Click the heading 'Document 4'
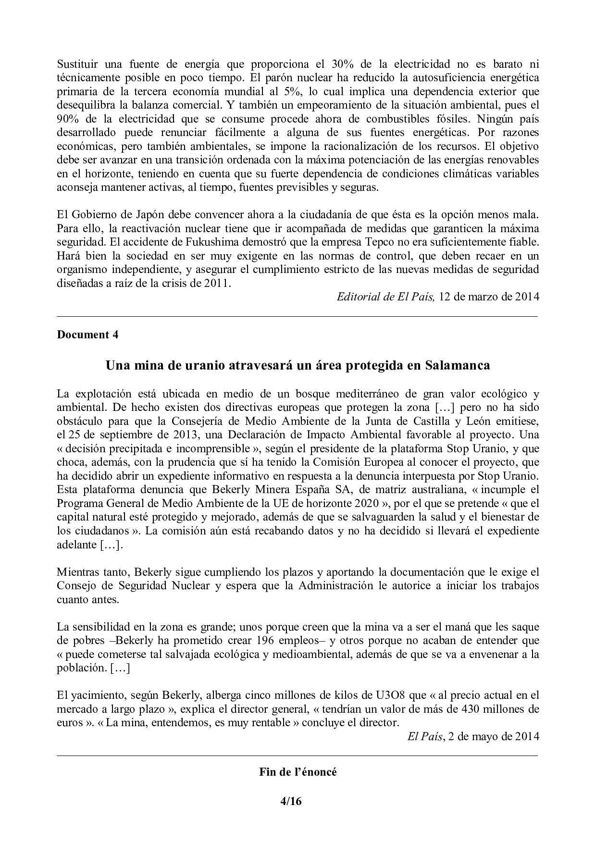[87, 335]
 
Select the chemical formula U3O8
[387, 695]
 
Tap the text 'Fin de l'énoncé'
[298, 772]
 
